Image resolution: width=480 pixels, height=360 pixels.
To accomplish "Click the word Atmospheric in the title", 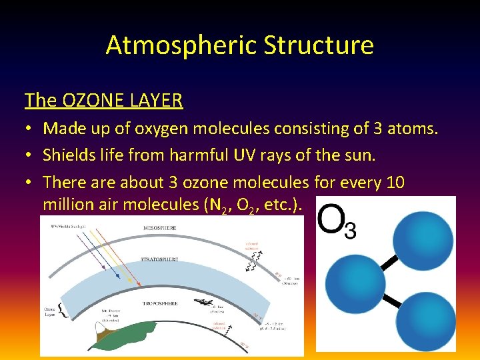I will (181, 45).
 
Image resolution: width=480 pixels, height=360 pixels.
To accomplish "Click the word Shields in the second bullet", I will (69, 155).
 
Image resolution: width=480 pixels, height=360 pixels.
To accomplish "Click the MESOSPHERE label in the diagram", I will (160, 227).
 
